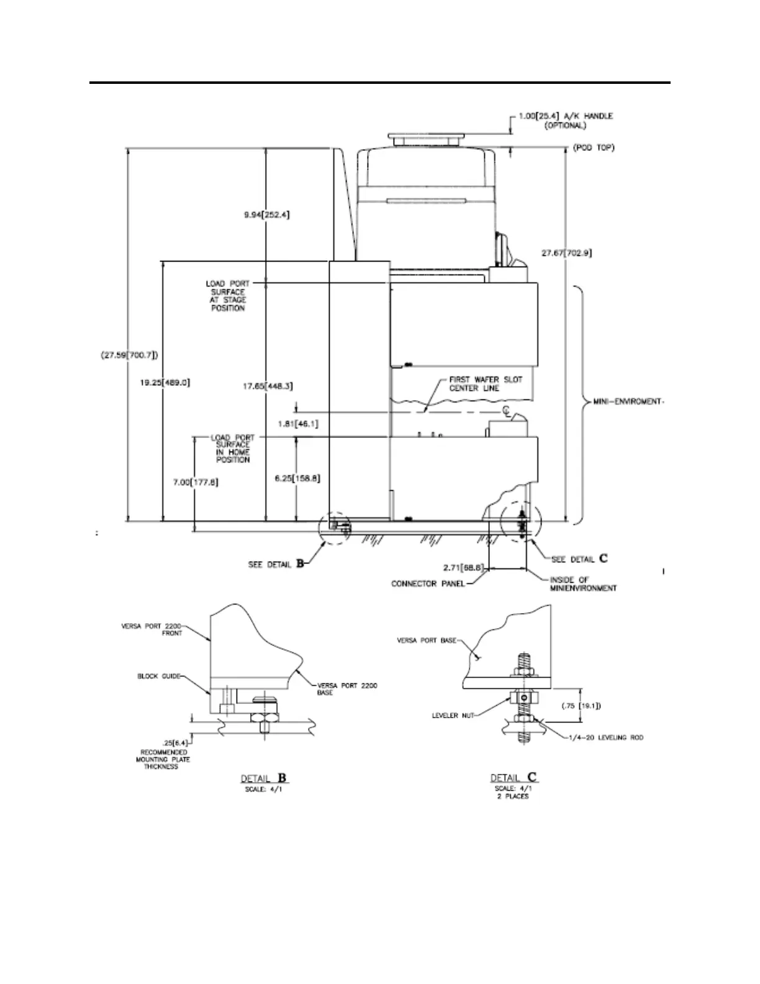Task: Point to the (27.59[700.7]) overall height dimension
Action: coord(129,356)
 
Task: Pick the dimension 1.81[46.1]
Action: coord(298,423)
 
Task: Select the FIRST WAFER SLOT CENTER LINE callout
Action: coord(486,384)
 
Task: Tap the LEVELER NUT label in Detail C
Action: coord(453,715)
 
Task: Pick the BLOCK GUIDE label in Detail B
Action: coord(158,676)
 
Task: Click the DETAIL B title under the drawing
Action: coord(265,778)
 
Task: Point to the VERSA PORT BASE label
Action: coord(427,640)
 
